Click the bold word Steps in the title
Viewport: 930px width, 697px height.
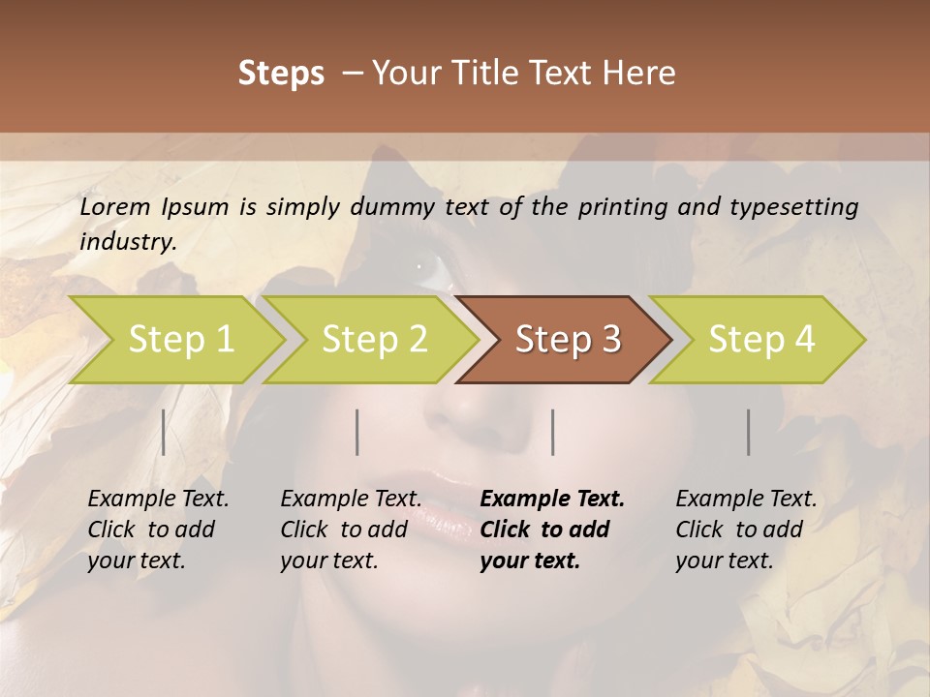point(281,74)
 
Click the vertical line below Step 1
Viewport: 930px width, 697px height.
point(164,432)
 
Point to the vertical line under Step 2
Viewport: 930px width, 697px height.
point(357,432)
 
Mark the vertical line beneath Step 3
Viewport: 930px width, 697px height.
point(553,432)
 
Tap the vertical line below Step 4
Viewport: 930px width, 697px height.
point(749,432)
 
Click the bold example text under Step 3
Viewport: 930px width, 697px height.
point(551,530)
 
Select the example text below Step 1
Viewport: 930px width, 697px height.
point(158,530)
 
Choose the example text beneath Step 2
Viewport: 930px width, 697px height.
point(351,530)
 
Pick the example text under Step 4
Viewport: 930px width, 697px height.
point(746,530)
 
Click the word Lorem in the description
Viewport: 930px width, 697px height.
point(114,207)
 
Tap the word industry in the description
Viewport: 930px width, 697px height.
point(127,242)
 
